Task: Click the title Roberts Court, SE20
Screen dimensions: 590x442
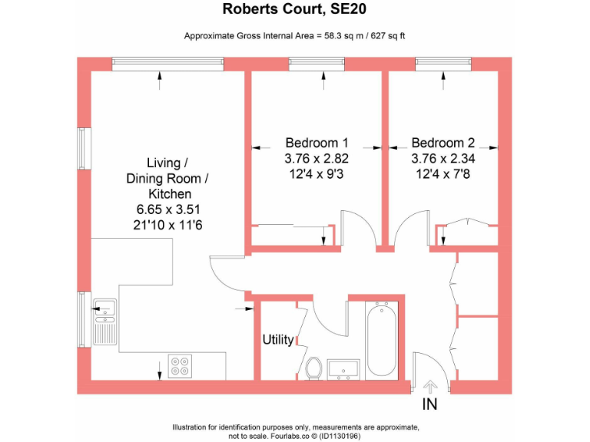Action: point(295,10)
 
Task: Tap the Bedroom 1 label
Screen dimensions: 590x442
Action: point(317,143)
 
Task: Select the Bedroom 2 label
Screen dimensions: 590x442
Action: point(442,143)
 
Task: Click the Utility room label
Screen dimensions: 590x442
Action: point(278,339)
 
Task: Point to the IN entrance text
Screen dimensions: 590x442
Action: point(430,404)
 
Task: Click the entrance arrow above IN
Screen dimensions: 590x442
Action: point(429,386)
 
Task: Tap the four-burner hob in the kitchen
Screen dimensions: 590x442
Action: point(180,366)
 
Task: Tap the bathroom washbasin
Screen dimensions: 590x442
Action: point(343,369)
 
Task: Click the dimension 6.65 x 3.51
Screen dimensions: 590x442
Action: point(168,209)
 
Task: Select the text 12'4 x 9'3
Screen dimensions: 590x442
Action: point(317,175)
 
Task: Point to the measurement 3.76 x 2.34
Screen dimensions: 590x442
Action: point(442,159)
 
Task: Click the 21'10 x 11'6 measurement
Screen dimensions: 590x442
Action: point(168,226)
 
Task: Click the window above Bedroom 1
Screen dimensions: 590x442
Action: point(316,63)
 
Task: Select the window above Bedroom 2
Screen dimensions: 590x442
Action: point(442,63)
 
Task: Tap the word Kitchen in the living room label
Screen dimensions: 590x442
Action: point(170,194)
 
